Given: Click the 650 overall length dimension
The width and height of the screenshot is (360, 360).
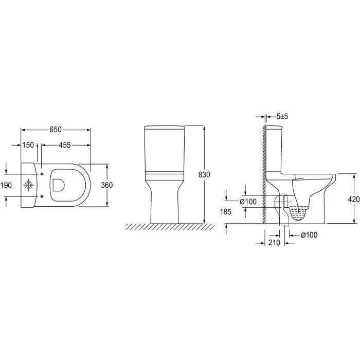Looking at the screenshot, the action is click(x=56, y=130).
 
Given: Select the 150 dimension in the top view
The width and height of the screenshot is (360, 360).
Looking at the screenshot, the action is click(x=28, y=145).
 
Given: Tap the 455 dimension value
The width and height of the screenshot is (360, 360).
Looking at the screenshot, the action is click(x=65, y=145).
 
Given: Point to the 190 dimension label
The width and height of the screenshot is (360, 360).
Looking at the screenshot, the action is click(x=6, y=185).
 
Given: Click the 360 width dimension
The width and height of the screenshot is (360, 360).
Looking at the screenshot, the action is click(x=107, y=185).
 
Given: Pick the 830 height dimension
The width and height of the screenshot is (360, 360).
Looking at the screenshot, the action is click(x=204, y=175).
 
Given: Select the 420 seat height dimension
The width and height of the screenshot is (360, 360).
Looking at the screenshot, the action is click(x=354, y=200).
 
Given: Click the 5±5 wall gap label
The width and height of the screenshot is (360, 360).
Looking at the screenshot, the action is click(x=282, y=116).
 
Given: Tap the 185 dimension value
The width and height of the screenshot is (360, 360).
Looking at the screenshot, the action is click(x=225, y=212).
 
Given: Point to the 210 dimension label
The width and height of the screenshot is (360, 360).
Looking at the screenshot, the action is click(x=274, y=243).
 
